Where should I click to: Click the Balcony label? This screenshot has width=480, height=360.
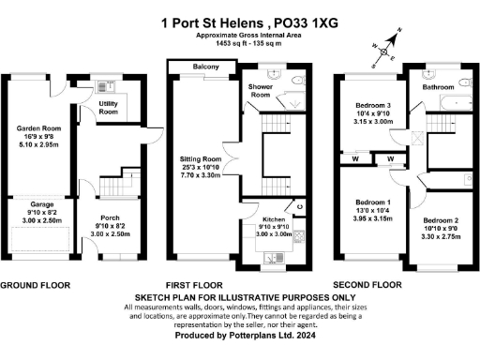(x=205, y=67)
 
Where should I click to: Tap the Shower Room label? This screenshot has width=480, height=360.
(x=260, y=91)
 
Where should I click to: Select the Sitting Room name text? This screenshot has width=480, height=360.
(x=200, y=160)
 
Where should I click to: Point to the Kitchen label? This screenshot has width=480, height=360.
(x=258, y=216)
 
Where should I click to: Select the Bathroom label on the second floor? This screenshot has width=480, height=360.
(x=438, y=86)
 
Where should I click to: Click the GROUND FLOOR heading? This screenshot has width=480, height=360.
(x=37, y=283)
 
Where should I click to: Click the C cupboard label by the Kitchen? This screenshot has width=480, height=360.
(x=298, y=205)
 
